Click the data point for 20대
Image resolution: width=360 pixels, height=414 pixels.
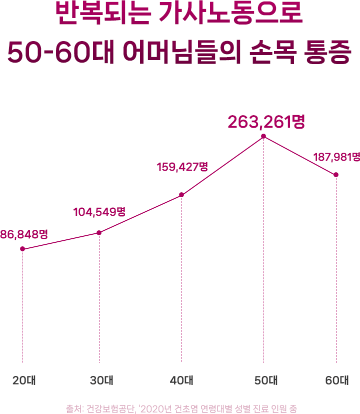(x=22, y=249)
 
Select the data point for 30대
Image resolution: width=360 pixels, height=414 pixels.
(x=99, y=233)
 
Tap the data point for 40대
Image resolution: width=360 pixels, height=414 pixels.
(x=181, y=195)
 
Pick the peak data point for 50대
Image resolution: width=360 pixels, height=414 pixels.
(x=263, y=136)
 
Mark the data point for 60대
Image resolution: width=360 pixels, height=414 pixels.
(x=336, y=175)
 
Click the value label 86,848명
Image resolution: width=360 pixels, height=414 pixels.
(x=23, y=234)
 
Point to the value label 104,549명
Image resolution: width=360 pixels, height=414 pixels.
(x=99, y=212)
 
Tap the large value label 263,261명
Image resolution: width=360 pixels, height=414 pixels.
(x=266, y=122)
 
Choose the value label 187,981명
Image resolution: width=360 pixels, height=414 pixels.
(x=336, y=157)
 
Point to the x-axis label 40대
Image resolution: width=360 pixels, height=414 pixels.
(x=181, y=380)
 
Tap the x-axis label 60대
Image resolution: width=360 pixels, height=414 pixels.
(x=336, y=380)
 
